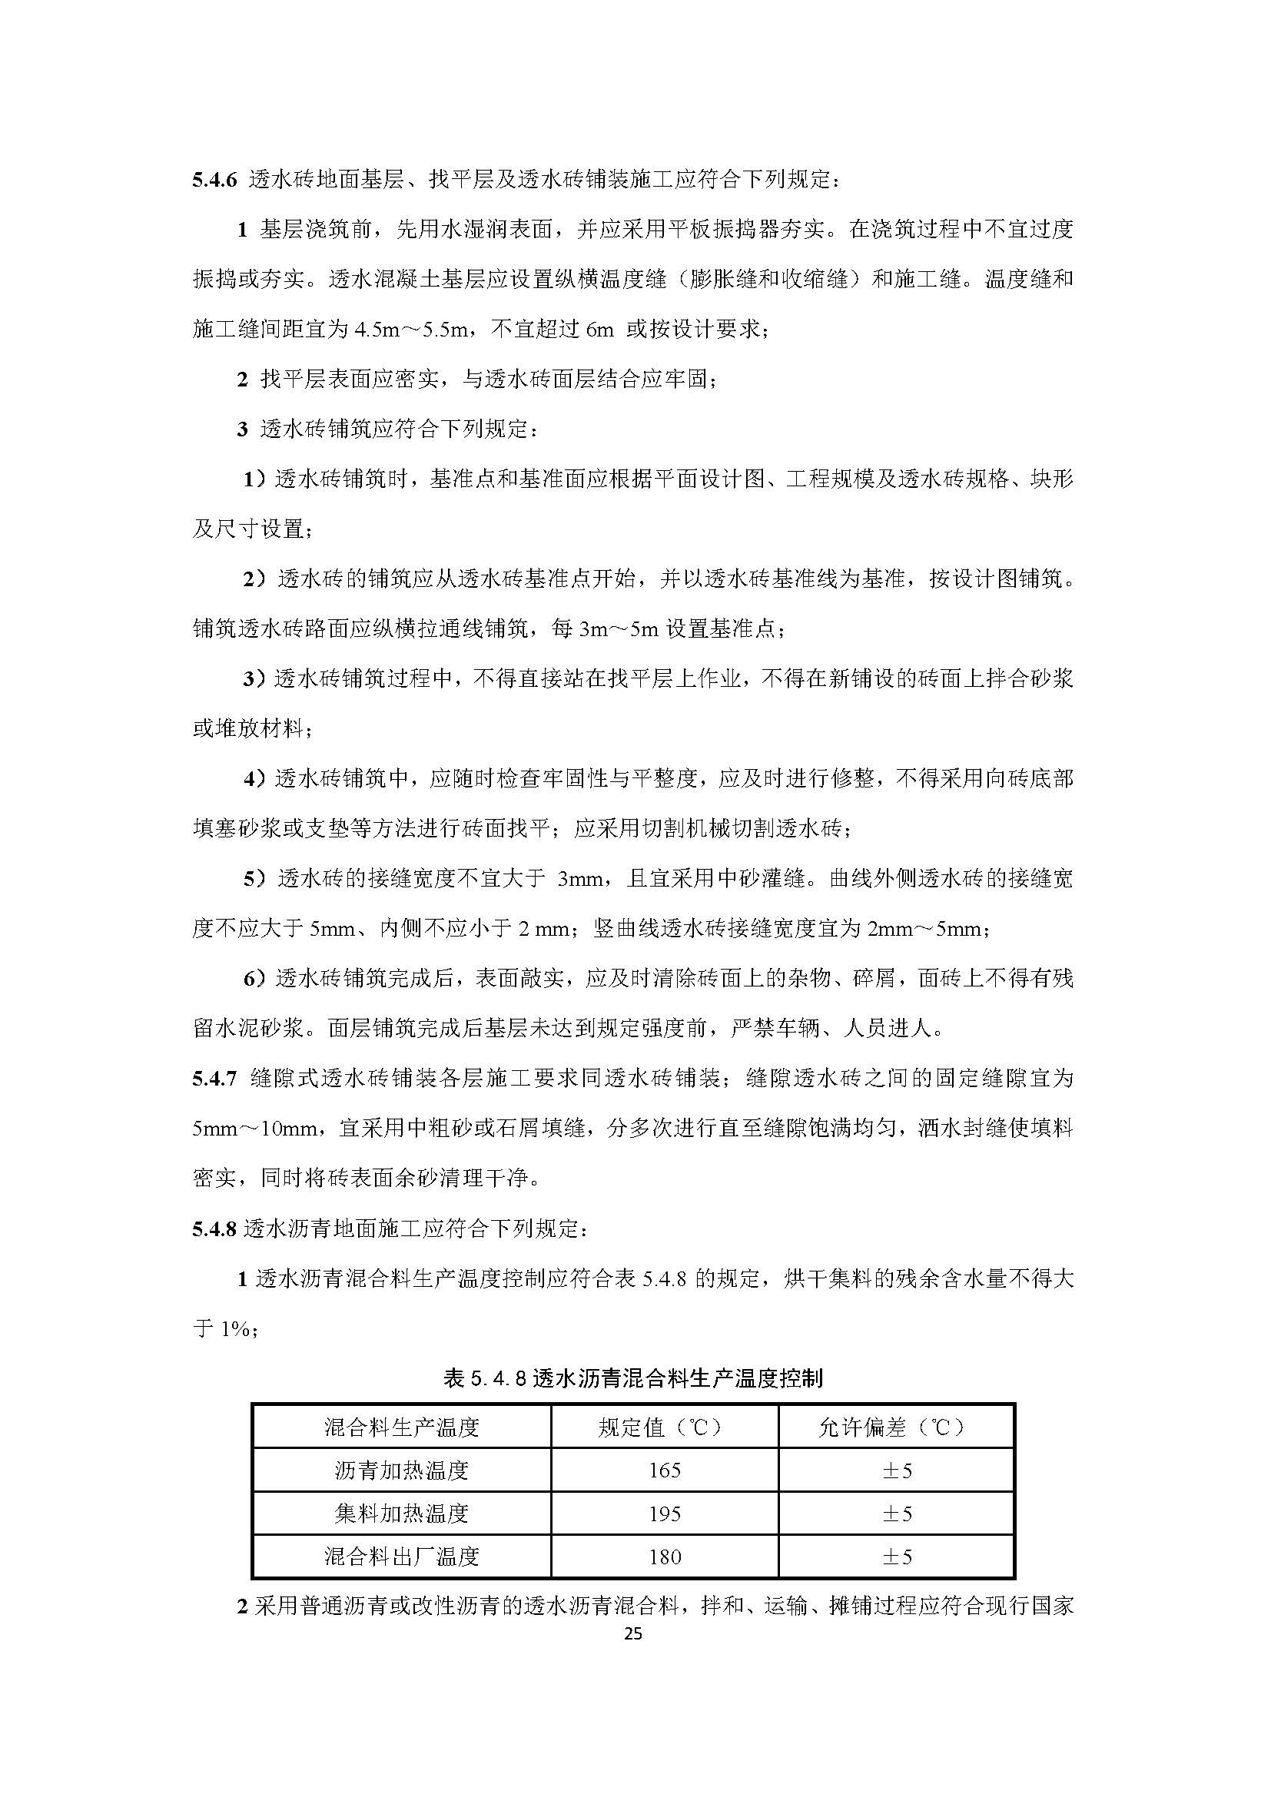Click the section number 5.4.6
click(x=214, y=180)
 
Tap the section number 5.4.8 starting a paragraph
click(x=214, y=1228)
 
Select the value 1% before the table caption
click(x=234, y=1329)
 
